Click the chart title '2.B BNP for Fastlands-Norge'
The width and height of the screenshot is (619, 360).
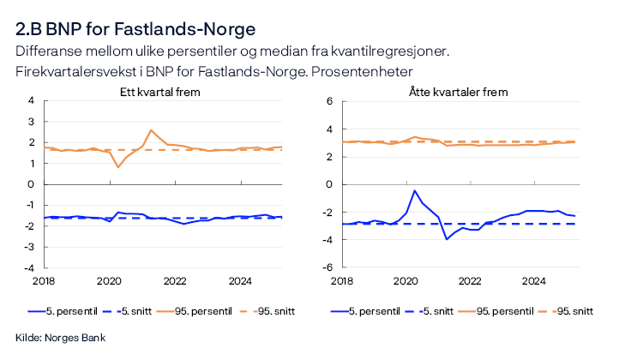click(x=135, y=29)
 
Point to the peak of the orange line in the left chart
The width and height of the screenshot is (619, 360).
click(x=151, y=130)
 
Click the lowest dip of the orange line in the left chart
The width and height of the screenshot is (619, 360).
click(x=118, y=166)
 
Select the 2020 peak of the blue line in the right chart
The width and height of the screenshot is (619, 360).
click(x=415, y=190)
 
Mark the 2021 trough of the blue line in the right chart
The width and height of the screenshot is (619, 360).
click(x=447, y=238)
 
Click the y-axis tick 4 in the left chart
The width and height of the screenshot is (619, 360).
click(x=32, y=100)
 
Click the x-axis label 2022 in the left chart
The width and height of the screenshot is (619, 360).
click(x=175, y=281)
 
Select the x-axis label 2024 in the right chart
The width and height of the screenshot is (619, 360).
click(x=534, y=281)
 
